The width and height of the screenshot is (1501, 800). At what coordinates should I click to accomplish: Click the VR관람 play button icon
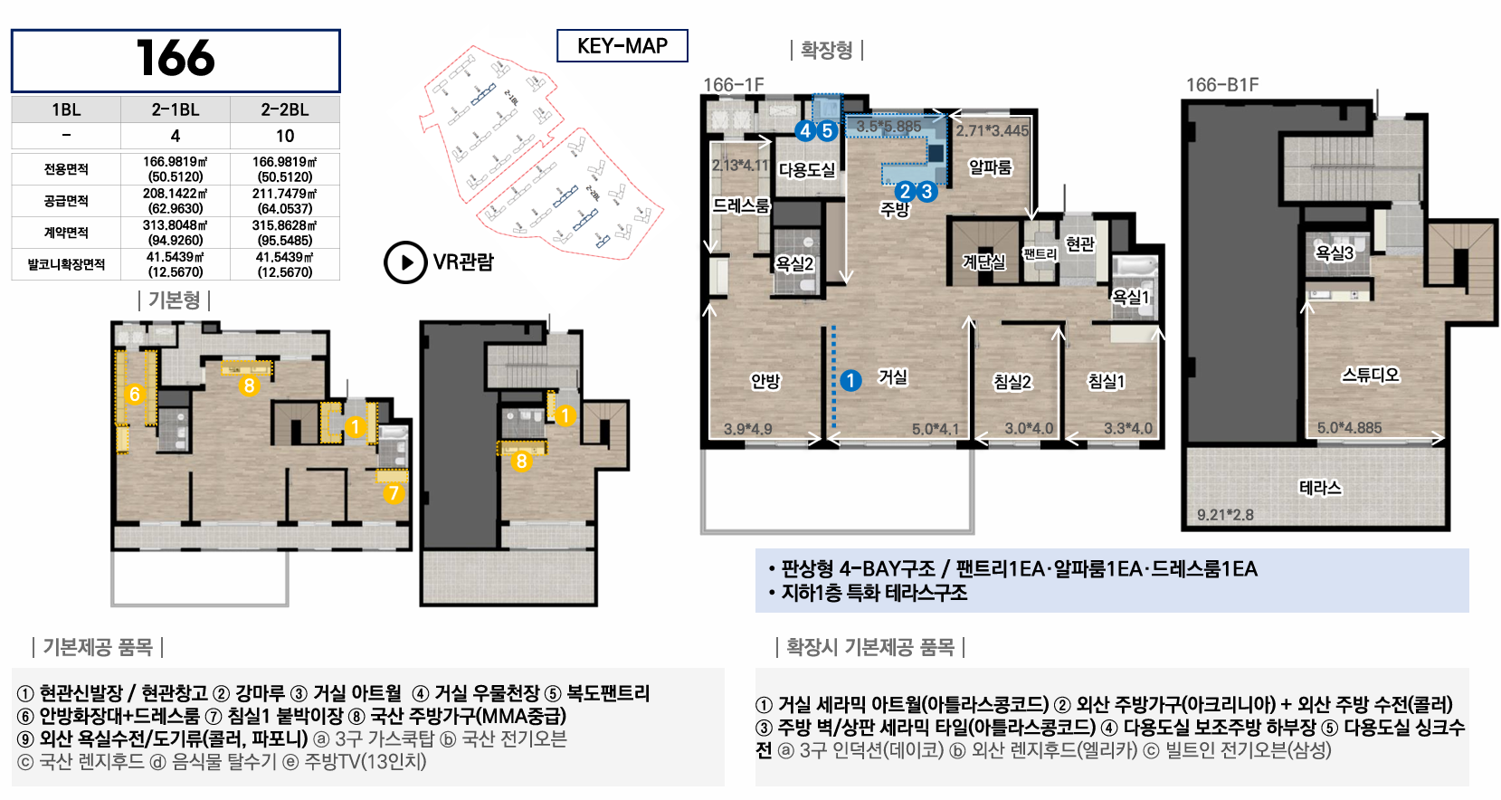(x=405, y=262)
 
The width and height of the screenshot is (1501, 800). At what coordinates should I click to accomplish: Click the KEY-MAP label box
(x=622, y=45)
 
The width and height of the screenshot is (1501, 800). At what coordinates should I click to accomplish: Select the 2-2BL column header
(x=285, y=110)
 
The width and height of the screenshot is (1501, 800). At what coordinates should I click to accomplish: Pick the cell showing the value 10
(x=285, y=136)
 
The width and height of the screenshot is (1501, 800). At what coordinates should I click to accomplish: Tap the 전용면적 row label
(x=66, y=169)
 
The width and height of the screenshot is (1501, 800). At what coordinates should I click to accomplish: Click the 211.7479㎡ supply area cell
(x=285, y=200)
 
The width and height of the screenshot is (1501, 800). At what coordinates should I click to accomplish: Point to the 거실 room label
(x=893, y=378)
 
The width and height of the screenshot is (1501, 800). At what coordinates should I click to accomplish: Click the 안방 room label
(x=765, y=381)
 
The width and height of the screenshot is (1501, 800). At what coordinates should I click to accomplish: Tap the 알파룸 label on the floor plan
(x=991, y=167)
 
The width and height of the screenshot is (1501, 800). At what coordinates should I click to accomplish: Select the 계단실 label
(x=983, y=262)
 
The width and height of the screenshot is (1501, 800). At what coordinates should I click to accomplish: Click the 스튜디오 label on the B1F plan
(x=1371, y=375)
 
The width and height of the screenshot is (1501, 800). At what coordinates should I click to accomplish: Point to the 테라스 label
(x=1320, y=487)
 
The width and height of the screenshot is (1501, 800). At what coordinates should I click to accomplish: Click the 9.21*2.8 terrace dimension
(x=1225, y=515)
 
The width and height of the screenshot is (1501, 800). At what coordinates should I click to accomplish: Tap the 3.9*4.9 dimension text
(x=748, y=429)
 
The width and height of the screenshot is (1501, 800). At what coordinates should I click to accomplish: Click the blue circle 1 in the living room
(x=850, y=381)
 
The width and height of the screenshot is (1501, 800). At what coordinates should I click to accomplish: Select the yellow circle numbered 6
(x=135, y=394)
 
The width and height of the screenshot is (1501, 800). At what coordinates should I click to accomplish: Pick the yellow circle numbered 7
(x=394, y=494)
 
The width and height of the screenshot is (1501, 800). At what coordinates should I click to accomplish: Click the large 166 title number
(x=176, y=58)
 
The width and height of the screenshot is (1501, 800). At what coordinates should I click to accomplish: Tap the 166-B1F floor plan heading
(x=1222, y=85)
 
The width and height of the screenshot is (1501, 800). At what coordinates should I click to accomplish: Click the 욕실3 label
(x=1335, y=252)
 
